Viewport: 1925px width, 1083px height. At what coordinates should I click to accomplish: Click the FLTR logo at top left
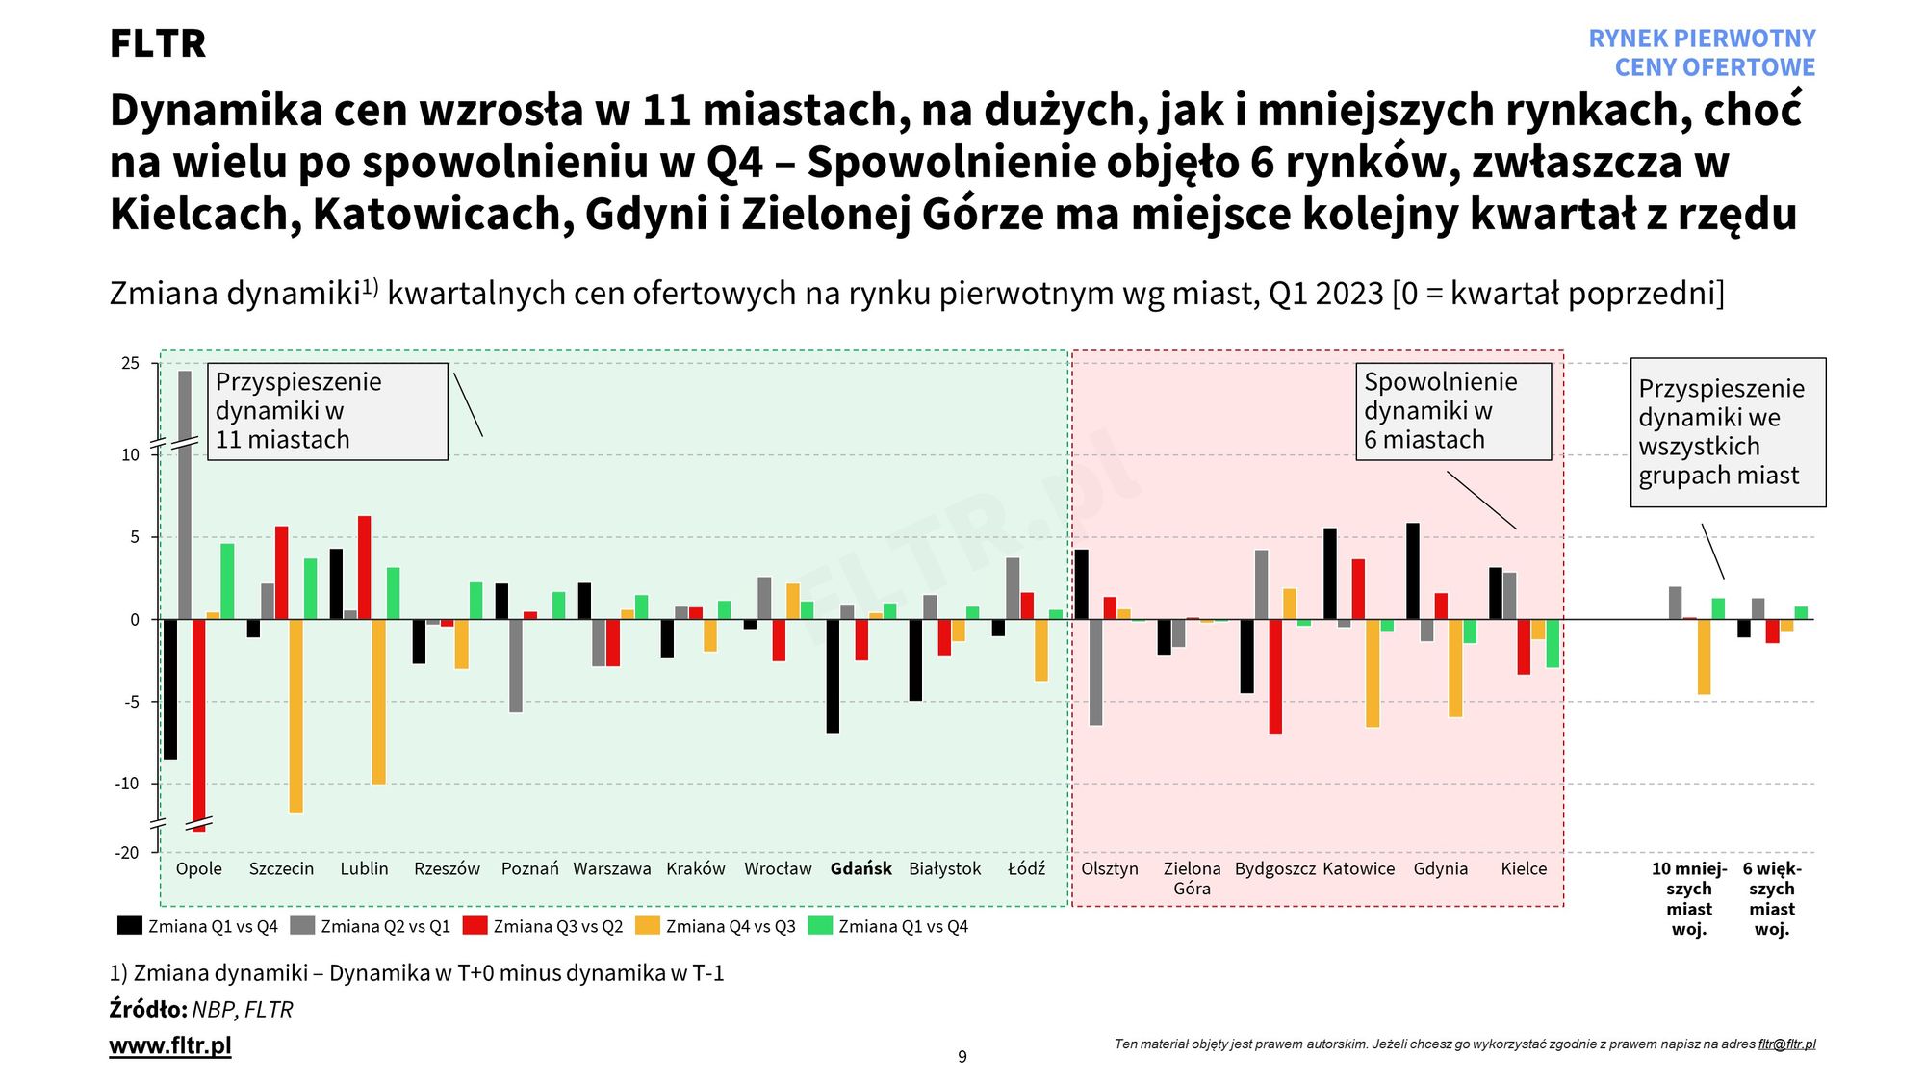[x=158, y=44]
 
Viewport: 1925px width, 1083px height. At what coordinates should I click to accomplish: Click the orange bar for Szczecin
[x=295, y=716]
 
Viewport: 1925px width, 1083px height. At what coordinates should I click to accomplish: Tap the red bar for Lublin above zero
[x=365, y=568]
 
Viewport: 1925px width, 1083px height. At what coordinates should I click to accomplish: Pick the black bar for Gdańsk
[x=833, y=676]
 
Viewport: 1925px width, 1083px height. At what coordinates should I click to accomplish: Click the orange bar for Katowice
[x=1373, y=673]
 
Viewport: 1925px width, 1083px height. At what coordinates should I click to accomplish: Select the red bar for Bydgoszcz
[x=1275, y=676]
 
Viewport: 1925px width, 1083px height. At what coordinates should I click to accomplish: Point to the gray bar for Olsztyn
[x=1095, y=672]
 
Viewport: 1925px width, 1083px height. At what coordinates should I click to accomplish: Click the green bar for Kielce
[x=1553, y=643]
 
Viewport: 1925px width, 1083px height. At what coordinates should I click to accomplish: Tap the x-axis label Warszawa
[x=612, y=869]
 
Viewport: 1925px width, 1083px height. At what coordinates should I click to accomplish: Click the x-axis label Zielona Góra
[x=1192, y=878]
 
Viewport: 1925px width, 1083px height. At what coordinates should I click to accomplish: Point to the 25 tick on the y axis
[x=131, y=364]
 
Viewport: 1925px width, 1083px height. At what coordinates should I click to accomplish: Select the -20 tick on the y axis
[x=128, y=853]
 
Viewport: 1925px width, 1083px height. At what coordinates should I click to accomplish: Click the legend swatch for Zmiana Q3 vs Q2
[x=475, y=926]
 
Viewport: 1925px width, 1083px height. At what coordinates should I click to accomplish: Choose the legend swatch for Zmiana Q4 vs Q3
[x=648, y=926]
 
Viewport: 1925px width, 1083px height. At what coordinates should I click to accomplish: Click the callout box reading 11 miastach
[x=327, y=411]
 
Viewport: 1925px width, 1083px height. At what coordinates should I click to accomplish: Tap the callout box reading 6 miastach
[x=1453, y=411]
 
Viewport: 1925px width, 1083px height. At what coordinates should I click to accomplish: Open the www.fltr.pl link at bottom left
[x=170, y=1045]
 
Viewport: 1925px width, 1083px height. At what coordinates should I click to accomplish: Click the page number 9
[x=962, y=1057]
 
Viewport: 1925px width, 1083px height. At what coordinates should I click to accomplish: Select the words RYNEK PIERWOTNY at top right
[x=1702, y=39]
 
